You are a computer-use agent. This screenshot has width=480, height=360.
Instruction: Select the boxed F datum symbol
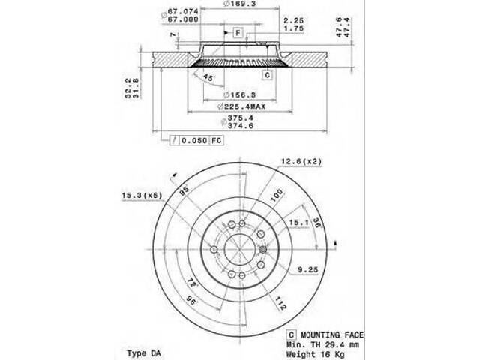pos(237,33)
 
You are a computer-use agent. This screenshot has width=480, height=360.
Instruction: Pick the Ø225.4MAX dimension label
pos(242,106)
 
